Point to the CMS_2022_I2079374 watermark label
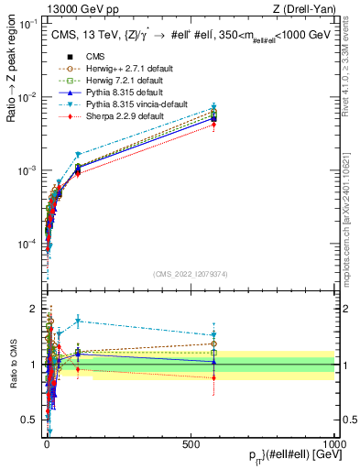tap(191, 273)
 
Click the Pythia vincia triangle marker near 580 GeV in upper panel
tap(213, 107)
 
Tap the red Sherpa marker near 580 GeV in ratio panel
tap(213, 377)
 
